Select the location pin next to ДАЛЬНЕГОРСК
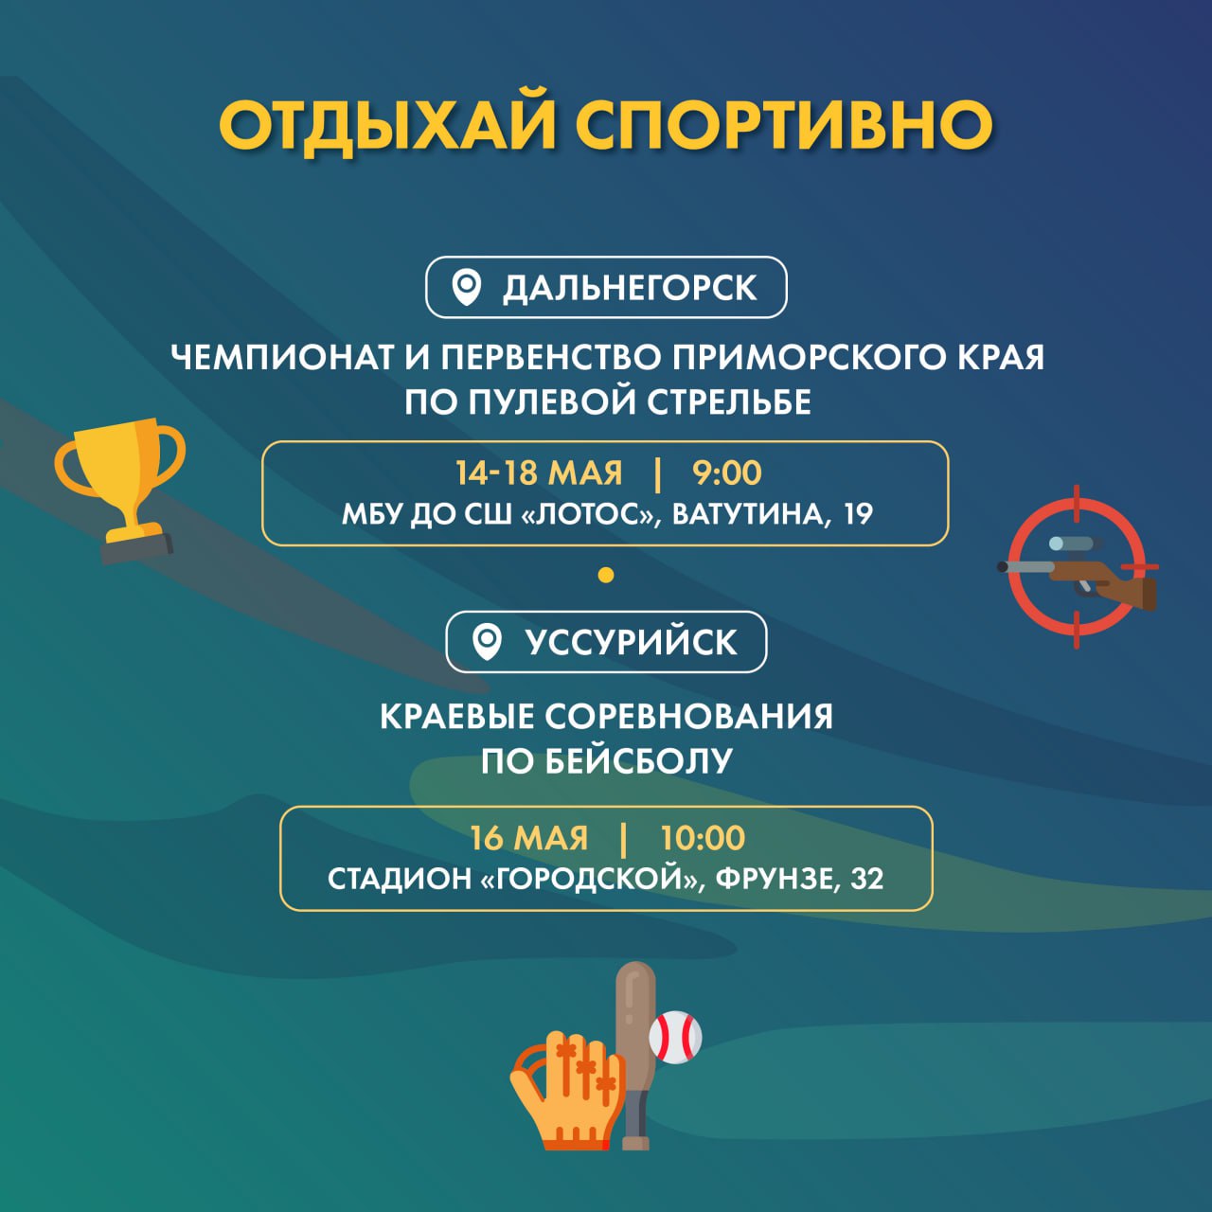click(467, 288)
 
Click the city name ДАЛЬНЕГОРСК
click(630, 288)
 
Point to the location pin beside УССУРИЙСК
click(487, 642)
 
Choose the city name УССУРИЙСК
click(631, 642)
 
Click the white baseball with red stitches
click(675, 1037)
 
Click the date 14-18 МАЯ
click(539, 472)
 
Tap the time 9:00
click(726, 472)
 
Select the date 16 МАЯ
click(529, 838)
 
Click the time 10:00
click(703, 838)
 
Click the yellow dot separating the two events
click(606, 574)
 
